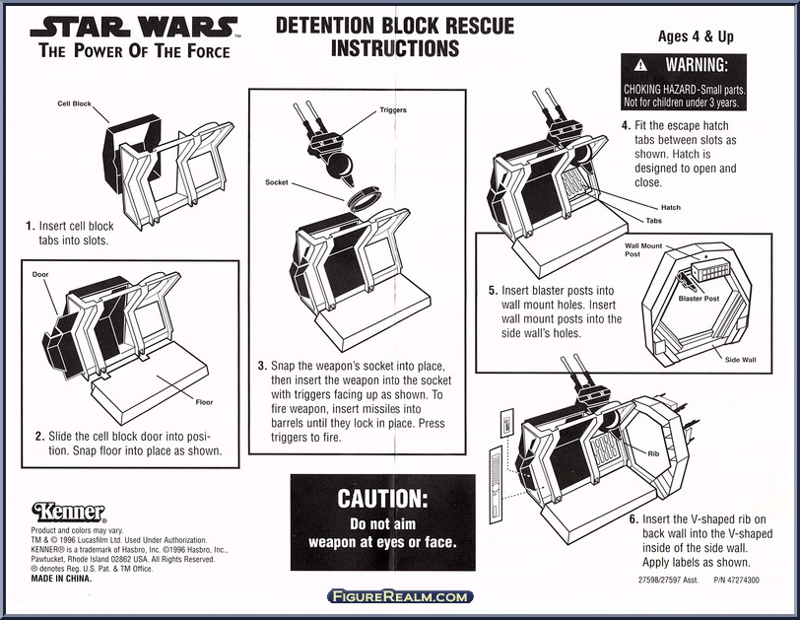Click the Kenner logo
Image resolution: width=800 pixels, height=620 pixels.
coord(68,513)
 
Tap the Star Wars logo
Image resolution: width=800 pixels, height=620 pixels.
coord(138,27)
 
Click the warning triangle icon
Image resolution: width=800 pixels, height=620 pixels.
coord(640,66)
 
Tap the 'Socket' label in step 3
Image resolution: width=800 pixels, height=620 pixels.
coord(277,182)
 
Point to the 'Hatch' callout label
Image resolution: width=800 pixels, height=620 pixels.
coord(670,208)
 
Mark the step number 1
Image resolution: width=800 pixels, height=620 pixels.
coord(31,226)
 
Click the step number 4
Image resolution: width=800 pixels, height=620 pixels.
coord(626,126)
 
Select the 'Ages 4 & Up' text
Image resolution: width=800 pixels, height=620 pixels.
coord(696,37)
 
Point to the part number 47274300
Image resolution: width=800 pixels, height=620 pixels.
coord(738,581)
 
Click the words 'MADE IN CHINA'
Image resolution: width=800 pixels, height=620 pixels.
coord(62,578)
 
